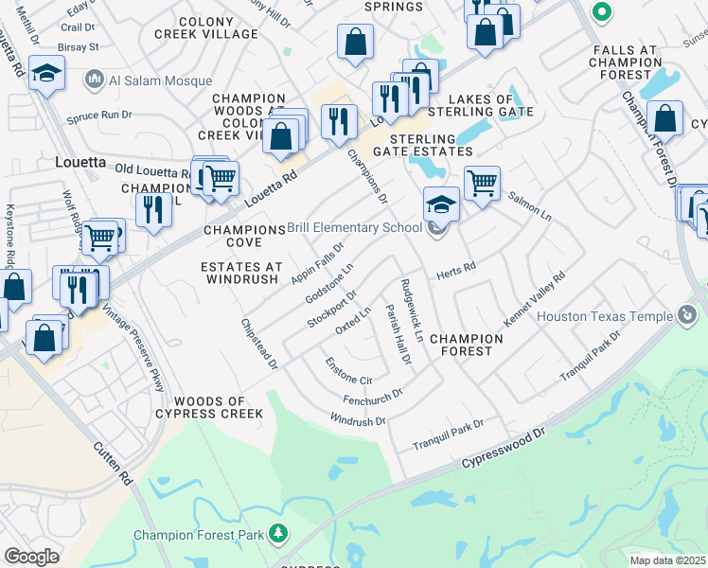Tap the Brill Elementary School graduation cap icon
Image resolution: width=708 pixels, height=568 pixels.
[441, 204]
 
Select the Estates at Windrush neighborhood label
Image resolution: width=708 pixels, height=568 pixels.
[239, 273]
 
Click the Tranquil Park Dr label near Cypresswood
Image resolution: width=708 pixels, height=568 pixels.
[448, 435]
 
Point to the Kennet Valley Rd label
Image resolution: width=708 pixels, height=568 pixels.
[534, 299]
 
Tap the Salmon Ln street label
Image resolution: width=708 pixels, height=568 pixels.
[529, 204]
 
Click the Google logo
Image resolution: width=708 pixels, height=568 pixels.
[31, 556]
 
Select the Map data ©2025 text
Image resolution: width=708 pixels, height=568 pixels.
[667, 560]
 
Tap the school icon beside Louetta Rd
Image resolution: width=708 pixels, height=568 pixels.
[45, 75]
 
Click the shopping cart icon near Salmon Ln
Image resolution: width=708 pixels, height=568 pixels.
[482, 181]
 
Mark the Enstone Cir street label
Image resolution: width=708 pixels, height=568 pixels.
[343, 371]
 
